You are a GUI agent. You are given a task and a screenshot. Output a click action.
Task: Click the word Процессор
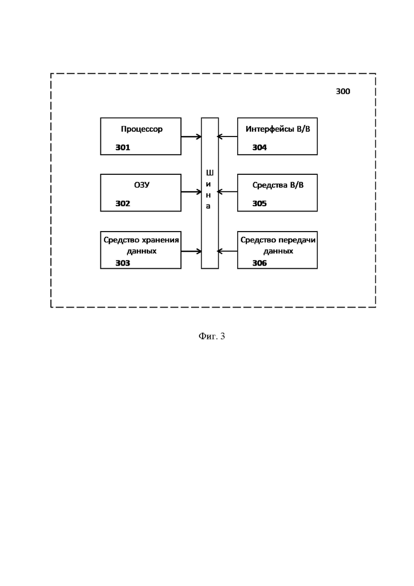coord(141,129)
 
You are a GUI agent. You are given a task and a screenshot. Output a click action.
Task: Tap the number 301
coord(123,148)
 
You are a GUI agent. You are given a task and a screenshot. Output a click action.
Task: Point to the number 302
coord(123,203)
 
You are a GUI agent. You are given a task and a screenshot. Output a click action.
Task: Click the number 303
coord(123,263)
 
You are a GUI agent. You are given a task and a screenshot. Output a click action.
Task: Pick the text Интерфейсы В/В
coord(278,129)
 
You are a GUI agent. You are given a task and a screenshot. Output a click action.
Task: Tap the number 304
coord(260,148)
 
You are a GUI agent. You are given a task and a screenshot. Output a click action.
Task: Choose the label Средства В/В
coord(278,185)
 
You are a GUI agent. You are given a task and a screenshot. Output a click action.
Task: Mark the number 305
coord(260,203)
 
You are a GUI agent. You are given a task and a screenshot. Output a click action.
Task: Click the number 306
coord(260,263)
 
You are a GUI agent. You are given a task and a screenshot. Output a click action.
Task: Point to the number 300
coord(343,91)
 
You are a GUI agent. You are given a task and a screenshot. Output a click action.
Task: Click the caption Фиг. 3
coord(212,336)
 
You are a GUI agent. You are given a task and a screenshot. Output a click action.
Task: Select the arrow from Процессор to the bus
coord(191,137)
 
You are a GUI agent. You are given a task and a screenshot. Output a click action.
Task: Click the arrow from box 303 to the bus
coord(191,251)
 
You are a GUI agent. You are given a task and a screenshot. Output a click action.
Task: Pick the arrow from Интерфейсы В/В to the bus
coord(228,137)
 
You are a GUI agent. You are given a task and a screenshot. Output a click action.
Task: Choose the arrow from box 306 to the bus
coord(228,251)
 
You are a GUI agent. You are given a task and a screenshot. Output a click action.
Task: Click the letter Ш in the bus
coord(209,173)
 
